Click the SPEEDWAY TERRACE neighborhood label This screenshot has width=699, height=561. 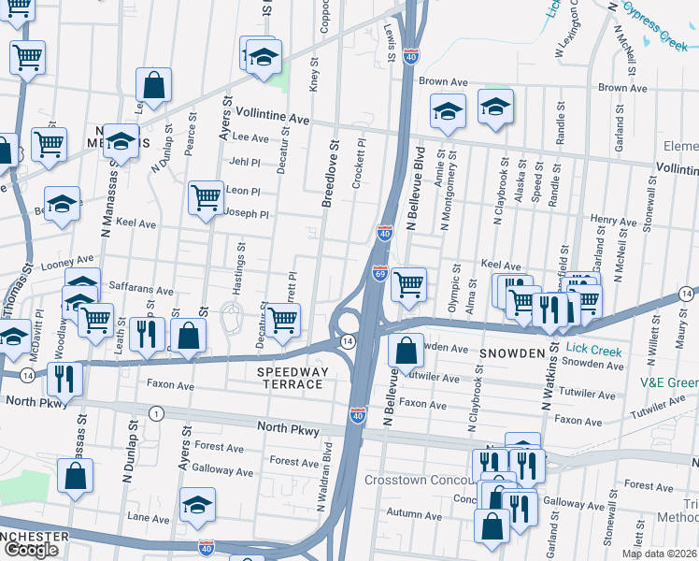click(293, 379)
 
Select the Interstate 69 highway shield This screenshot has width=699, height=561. click(379, 272)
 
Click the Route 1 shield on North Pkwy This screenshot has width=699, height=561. click(156, 413)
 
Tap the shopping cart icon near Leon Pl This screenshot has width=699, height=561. click(206, 197)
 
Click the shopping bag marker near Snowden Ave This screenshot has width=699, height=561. click(407, 352)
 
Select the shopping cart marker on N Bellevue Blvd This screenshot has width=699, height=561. click(408, 284)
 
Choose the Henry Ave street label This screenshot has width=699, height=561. click(613, 219)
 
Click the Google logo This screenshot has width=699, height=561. click(31, 550)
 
